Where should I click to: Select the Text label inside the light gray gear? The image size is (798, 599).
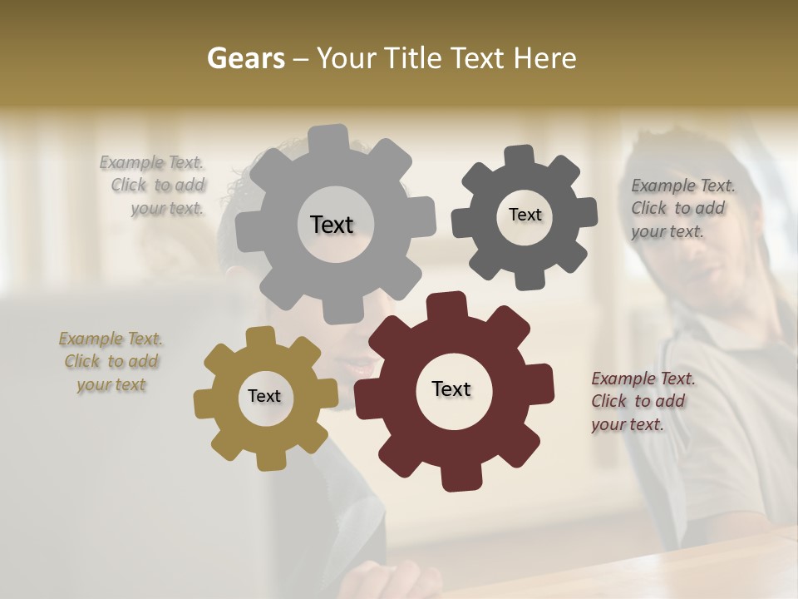tap(332, 225)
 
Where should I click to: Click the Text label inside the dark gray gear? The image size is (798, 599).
tap(525, 215)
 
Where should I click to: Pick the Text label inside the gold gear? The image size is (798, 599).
tap(264, 396)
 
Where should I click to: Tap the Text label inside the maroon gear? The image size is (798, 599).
tap(451, 389)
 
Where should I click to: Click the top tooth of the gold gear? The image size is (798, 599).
tap(260, 337)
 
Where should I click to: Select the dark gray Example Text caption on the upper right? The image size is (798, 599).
tap(681, 208)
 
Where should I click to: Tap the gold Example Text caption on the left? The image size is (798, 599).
tap(111, 361)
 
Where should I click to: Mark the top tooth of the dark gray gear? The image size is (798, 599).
tap(519, 156)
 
